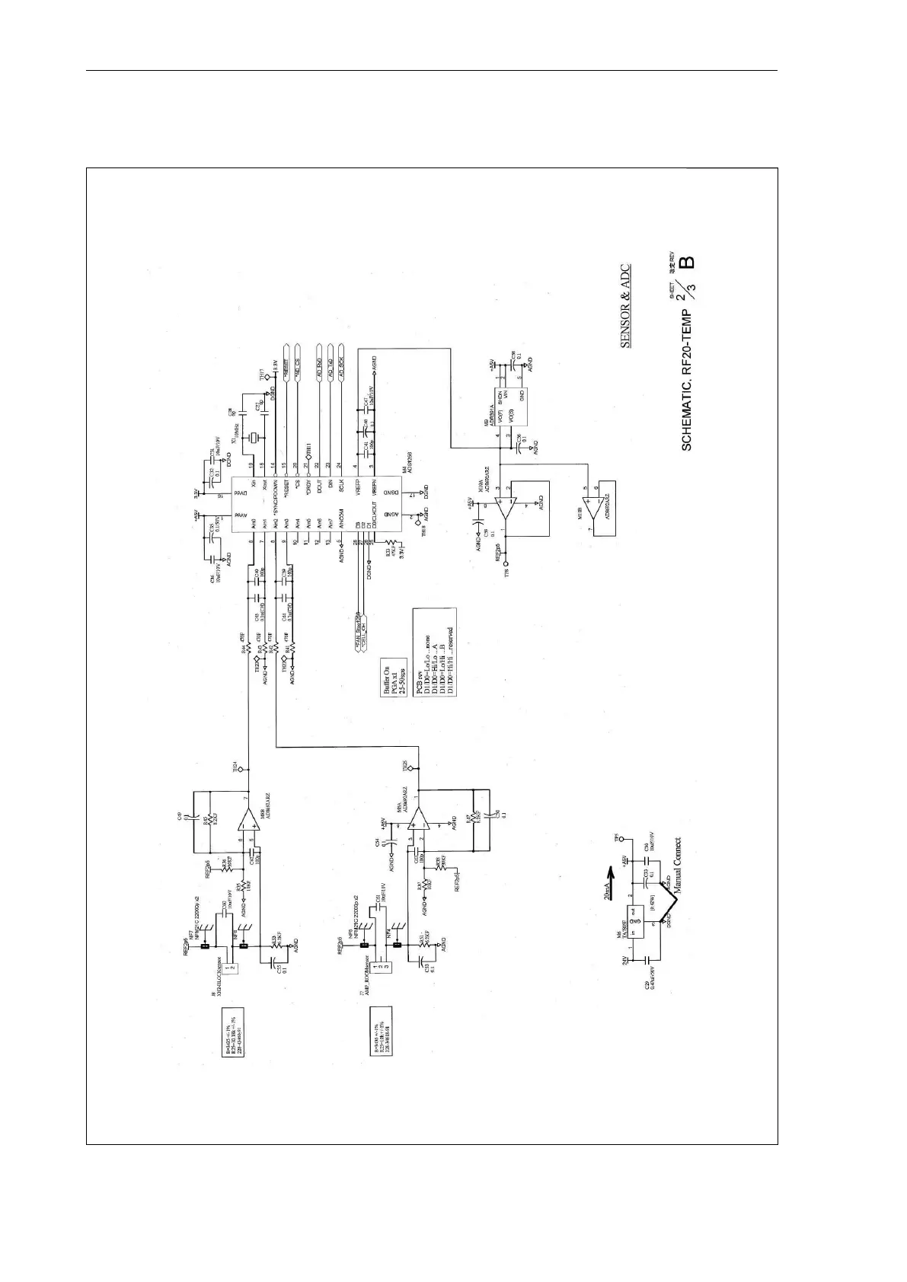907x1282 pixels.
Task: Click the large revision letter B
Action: [x=687, y=263]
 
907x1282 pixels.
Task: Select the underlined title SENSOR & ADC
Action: [x=624, y=307]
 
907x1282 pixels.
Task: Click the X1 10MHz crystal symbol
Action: [x=257, y=437]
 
